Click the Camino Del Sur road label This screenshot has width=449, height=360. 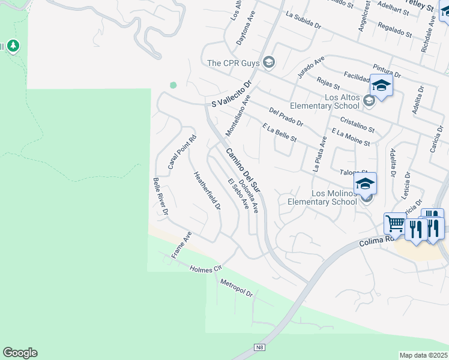[245, 170]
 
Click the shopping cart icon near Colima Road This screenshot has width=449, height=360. [395, 224]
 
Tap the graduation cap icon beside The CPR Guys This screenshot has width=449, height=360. [269, 62]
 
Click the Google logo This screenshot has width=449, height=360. [20, 353]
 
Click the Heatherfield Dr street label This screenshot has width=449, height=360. [207, 191]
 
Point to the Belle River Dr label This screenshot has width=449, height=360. [160, 196]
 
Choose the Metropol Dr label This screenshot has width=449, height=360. [237, 288]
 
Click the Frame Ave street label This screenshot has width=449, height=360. [181, 245]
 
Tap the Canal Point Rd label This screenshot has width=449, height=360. [182, 151]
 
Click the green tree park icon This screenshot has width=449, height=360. [12, 46]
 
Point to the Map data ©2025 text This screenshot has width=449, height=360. [424, 355]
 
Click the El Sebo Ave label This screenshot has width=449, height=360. [238, 193]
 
